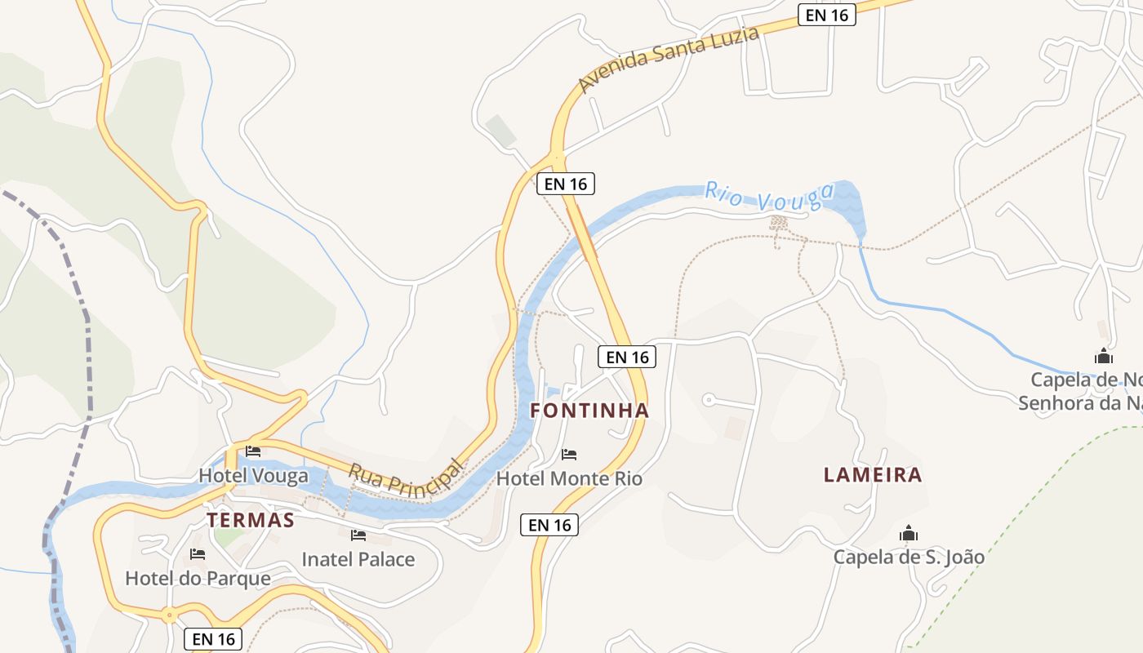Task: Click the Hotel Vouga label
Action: tap(254, 475)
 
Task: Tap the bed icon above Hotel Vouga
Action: tap(253, 451)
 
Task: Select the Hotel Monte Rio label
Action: tap(569, 478)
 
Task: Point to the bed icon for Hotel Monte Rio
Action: tap(569, 454)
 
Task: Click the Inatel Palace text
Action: tap(358, 559)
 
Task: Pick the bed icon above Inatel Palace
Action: tap(358, 535)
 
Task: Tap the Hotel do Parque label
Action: tap(198, 578)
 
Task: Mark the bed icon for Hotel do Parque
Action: tap(197, 554)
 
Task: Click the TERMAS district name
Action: tap(250, 520)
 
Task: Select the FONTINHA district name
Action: tap(589, 410)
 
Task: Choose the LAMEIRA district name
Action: tap(873, 474)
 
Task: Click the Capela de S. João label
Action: tap(909, 557)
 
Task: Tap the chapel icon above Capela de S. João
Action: tap(909, 534)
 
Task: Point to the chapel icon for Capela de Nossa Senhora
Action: tap(1104, 356)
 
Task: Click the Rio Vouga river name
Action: tap(769, 197)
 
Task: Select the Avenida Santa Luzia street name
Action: tap(669, 58)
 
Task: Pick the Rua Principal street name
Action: tap(405, 478)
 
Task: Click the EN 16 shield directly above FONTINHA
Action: tap(627, 357)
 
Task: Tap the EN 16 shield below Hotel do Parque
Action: tap(214, 638)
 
